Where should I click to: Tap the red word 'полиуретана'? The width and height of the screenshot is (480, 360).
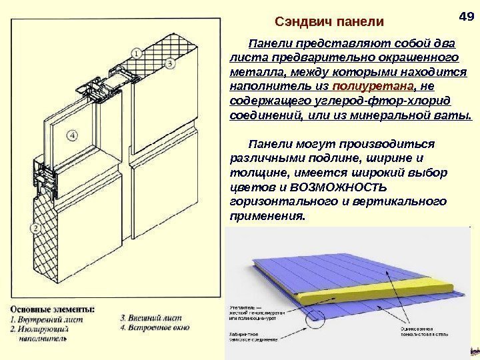(x=356, y=87)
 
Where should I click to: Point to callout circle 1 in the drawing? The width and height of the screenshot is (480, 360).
(x=136, y=52)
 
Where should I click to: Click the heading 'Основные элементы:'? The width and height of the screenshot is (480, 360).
(x=53, y=309)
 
